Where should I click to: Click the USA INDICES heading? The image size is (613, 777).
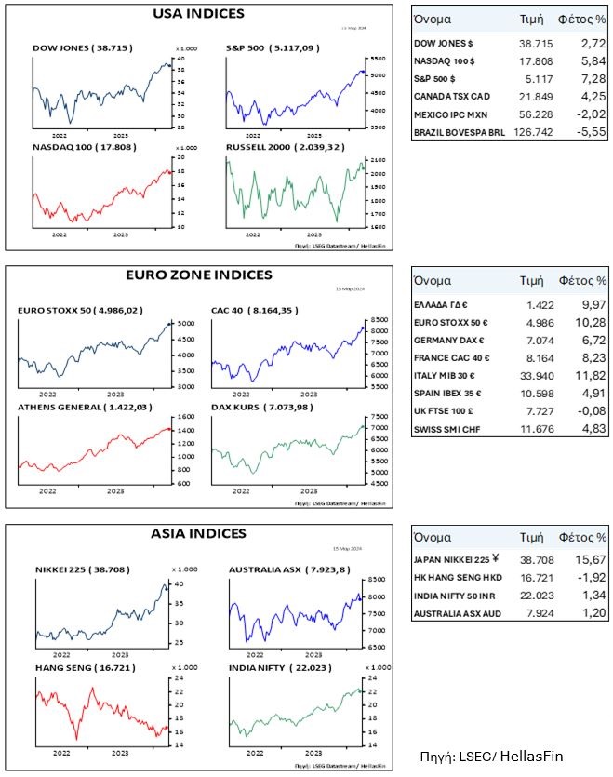(x=198, y=14)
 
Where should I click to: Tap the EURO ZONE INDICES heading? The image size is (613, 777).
(x=198, y=275)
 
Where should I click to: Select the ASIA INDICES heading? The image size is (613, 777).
(x=198, y=534)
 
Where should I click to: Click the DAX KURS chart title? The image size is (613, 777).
(x=259, y=408)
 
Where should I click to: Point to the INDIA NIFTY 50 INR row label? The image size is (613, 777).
(x=455, y=597)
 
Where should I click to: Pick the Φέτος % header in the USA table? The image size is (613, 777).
(x=581, y=19)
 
